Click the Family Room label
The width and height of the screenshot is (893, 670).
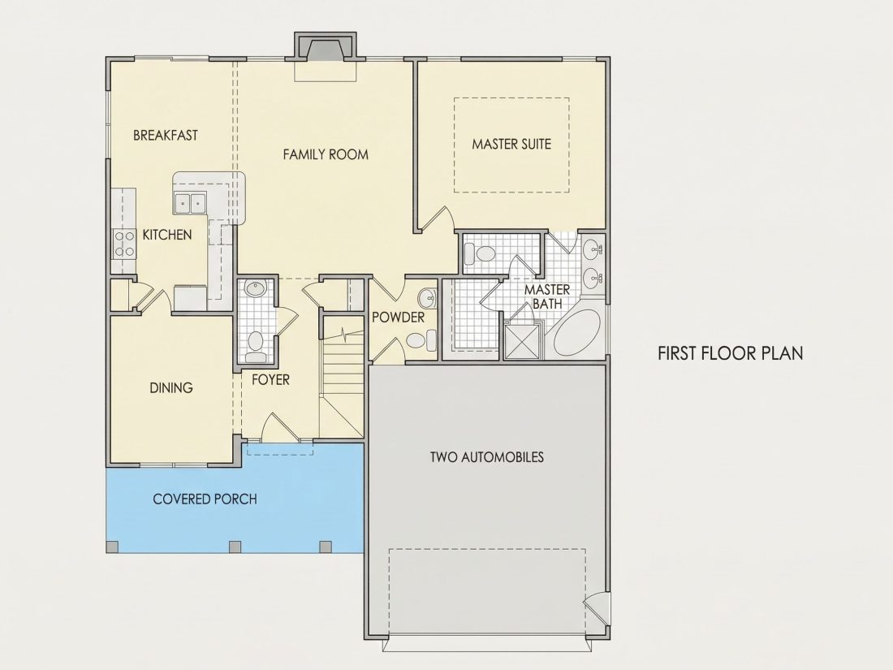[x=326, y=154]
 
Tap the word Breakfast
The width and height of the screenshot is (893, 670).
[x=166, y=135]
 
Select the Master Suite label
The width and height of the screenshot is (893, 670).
[x=511, y=144]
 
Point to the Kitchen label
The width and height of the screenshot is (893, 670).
[x=167, y=235]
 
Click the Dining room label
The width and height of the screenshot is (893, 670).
[x=170, y=388]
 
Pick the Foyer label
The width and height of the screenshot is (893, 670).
[x=270, y=379]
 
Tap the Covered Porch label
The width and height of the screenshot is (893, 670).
[x=205, y=499]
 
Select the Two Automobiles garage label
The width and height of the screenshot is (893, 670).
[x=487, y=457]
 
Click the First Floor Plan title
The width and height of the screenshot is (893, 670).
[x=731, y=353]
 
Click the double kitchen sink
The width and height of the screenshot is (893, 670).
[x=190, y=202]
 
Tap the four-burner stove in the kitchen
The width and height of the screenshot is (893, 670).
[x=124, y=244]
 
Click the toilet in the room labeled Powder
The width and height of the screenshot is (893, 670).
[x=421, y=341]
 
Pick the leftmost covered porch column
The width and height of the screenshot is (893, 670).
[x=113, y=547]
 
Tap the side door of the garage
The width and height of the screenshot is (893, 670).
[x=597, y=609]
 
